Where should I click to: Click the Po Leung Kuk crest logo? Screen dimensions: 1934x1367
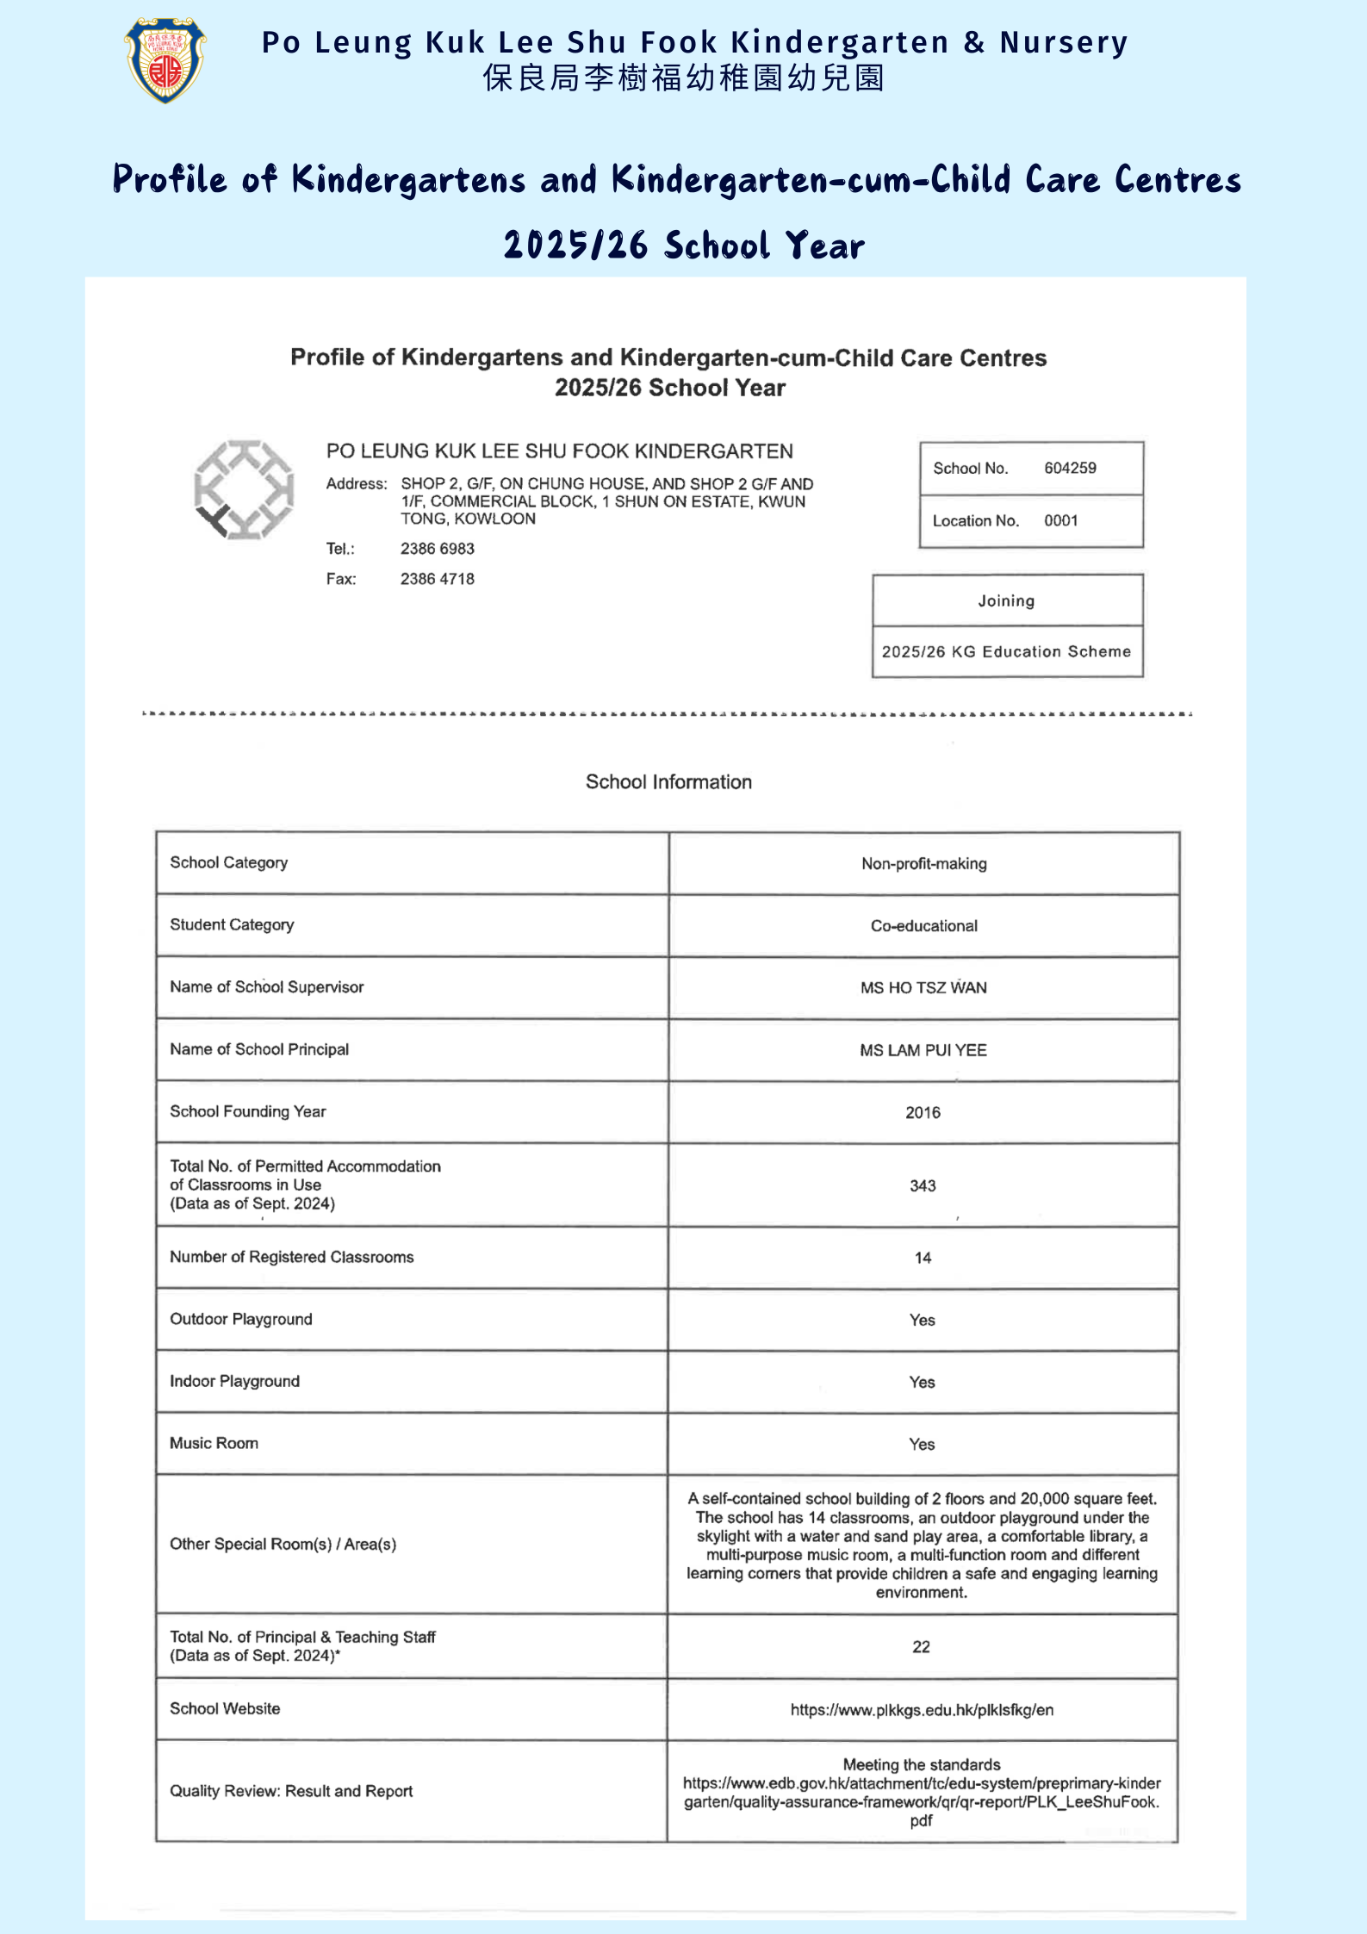click(165, 60)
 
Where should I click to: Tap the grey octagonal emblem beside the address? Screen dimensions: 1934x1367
click(245, 490)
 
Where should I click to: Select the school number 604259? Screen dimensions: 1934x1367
click(1070, 468)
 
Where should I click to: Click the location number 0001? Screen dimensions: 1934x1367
click(1060, 520)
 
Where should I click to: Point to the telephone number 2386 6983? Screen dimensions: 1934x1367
click(437, 549)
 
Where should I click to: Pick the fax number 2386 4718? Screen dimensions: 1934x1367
click(437, 579)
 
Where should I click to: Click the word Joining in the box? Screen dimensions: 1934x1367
click(1006, 600)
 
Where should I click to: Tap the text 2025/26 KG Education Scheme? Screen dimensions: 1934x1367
click(1006, 651)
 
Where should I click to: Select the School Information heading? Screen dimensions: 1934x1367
click(668, 781)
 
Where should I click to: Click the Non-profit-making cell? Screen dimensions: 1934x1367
click(923, 863)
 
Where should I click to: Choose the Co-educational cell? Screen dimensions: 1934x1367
click(923, 926)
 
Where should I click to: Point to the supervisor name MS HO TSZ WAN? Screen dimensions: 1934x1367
click(923, 988)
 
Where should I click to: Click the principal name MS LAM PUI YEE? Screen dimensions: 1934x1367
click(923, 1050)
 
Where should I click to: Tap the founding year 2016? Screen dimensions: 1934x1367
click(923, 1112)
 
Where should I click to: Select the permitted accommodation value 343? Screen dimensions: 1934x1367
click(923, 1185)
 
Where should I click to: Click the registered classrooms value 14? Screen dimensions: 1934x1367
click(923, 1258)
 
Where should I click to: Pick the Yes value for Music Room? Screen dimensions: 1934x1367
click(922, 1444)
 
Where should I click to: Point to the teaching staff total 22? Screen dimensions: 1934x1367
click(921, 1646)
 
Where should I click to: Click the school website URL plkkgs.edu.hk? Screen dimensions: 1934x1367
click(922, 1710)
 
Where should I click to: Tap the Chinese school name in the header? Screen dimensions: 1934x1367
click(683, 78)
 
